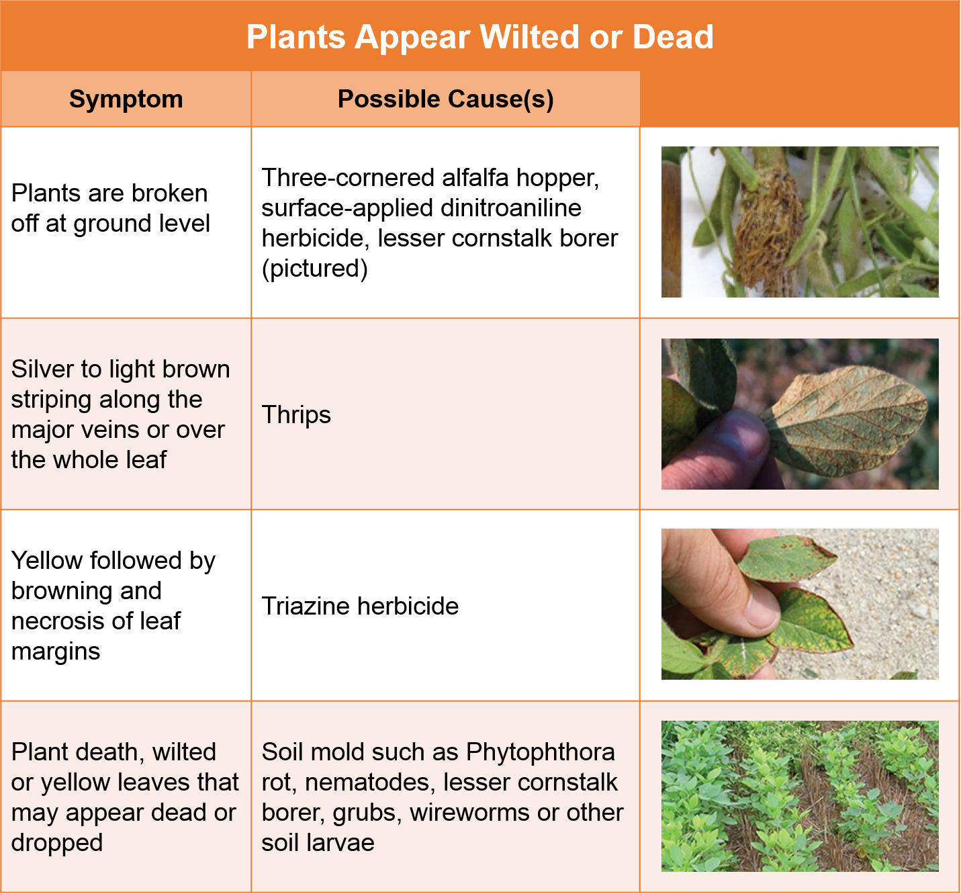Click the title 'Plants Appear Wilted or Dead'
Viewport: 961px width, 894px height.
point(479,37)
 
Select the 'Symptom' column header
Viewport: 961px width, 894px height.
point(126,99)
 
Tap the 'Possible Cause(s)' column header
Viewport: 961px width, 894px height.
point(445,99)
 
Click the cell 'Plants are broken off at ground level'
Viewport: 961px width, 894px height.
point(111,208)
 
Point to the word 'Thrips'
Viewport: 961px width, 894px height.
point(296,415)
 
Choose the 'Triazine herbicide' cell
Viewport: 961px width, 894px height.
point(360,606)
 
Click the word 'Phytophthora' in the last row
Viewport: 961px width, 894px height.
point(540,752)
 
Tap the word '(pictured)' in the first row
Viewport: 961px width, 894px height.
point(314,269)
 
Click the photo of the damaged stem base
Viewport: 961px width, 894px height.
point(799,222)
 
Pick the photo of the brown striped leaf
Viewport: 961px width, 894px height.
point(799,414)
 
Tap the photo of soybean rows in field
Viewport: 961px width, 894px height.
point(799,796)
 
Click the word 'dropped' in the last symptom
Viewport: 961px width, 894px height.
point(57,843)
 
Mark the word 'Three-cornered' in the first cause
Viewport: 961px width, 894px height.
point(348,178)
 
